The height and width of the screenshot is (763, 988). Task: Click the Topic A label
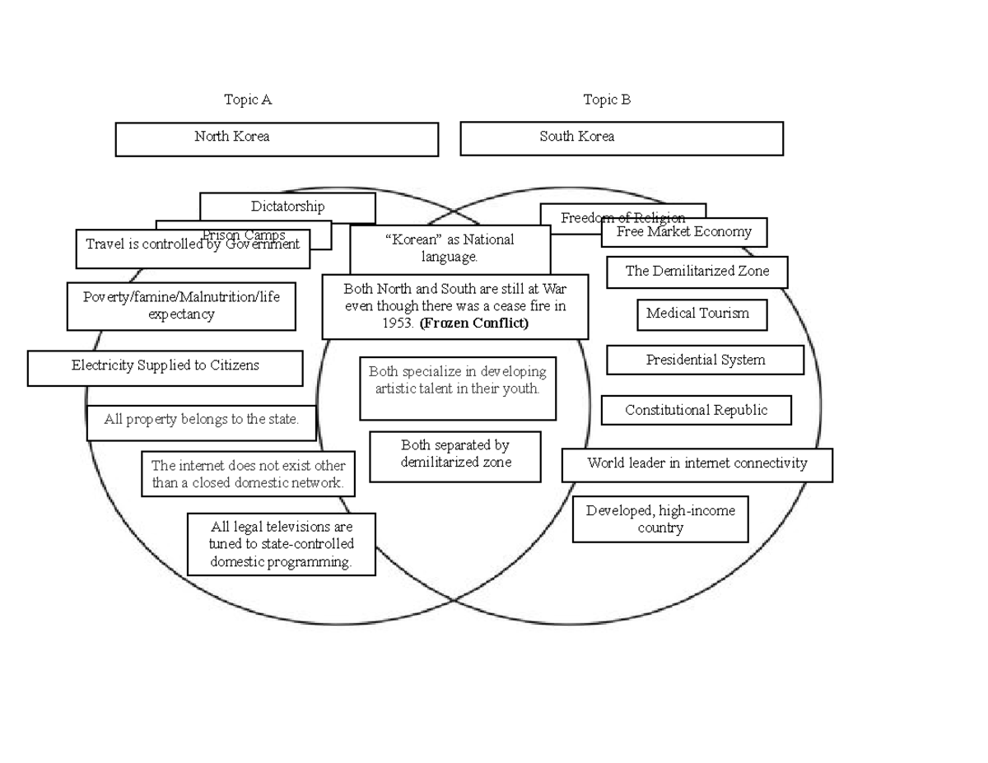click(248, 100)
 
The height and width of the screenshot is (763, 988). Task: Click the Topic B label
click(607, 100)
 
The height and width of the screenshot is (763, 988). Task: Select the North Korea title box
click(277, 139)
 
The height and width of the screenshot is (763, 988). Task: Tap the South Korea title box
click(621, 138)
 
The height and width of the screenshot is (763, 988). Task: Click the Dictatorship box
click(287, 206)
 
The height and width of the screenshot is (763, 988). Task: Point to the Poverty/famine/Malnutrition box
click(181, 306)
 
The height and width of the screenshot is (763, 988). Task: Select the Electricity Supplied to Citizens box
click(165, 367)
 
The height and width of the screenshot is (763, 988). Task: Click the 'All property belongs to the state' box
click(201, 421)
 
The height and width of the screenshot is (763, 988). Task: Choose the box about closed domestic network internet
click(248, 474)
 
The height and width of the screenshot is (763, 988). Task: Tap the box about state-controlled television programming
click(282, 544)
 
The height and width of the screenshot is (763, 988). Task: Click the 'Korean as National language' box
click(450, 249)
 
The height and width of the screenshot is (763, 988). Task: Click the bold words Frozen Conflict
click(473, 323)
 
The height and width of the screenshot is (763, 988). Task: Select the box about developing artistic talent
click(457, 388)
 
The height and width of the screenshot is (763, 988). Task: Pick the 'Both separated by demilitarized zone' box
click(455, 456)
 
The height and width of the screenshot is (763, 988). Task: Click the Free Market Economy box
click(683, 232)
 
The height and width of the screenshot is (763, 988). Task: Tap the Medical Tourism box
click(701, 314)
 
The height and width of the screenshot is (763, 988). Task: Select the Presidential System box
click(705, 360)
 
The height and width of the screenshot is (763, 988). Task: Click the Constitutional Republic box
click(696, 410)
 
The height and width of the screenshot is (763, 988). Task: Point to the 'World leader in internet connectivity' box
click(697, 464)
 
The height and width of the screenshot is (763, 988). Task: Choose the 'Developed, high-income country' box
click(660, 519)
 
